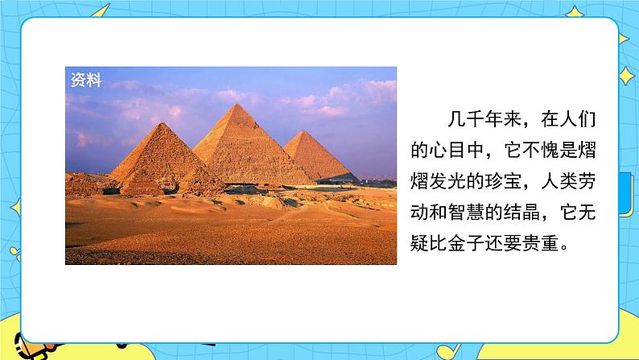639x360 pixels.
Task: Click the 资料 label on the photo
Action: click(x=86, y=80)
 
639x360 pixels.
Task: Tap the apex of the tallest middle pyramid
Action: click(x=237, y=104)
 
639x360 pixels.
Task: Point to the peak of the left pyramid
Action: click(x=162, y=123)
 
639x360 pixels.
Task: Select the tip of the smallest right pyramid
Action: click(x=303, y=131)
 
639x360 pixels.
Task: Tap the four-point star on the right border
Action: click(x=626, y=76)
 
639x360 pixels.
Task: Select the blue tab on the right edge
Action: click(x=626, y=194)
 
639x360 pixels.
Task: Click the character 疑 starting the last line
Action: click(x=419, y=243)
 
